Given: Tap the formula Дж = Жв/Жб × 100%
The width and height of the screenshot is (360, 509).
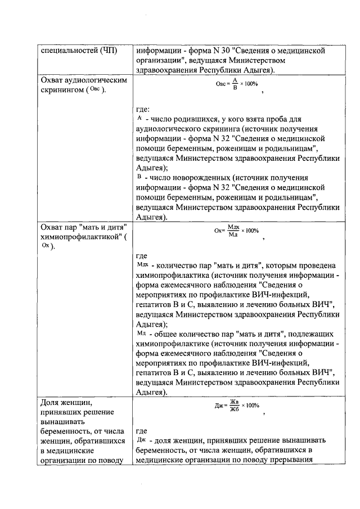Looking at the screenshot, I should (236, 406).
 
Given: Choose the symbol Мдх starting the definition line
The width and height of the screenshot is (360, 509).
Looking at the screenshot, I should (142, 264).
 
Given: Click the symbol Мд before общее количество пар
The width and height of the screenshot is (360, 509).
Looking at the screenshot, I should (141, 332).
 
